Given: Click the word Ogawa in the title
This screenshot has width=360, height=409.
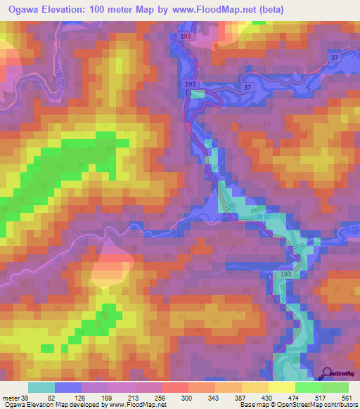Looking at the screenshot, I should click(21, 9).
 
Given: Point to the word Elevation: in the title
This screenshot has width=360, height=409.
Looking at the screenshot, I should click(72, 9).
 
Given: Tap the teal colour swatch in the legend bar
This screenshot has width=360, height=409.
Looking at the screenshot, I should click(41, 388).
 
